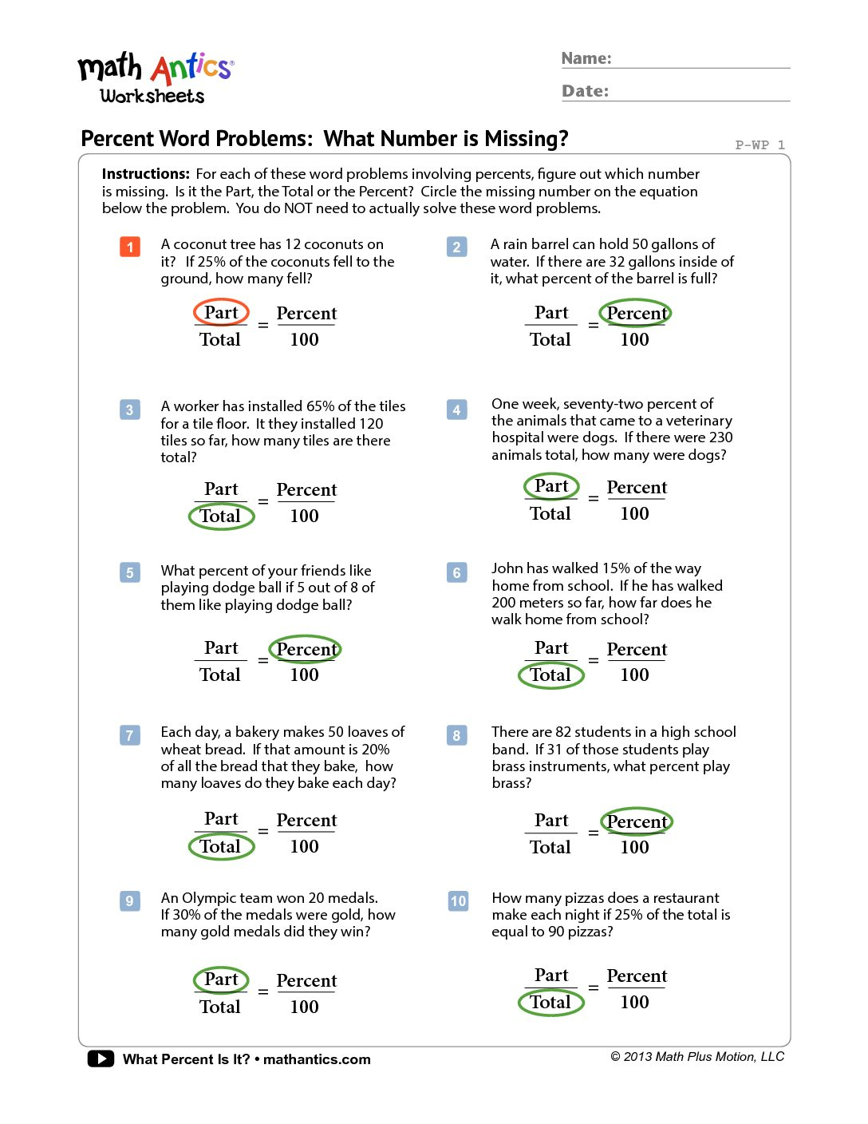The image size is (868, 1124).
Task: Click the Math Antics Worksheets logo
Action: coord(155,78)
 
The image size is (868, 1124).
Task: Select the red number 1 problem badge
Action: coord(130,247)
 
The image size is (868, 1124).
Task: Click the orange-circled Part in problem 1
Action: coord(221,312)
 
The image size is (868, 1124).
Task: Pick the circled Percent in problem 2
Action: coord(635,313)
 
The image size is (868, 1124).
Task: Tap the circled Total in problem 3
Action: coord(221,516)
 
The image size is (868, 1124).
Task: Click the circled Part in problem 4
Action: coord(551,485)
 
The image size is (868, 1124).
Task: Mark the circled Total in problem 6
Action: coord(551,675)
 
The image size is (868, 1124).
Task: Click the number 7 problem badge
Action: coord(130,734)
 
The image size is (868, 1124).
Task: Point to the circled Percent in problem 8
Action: coord(636,821)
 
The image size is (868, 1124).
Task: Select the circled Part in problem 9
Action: coord(221,980)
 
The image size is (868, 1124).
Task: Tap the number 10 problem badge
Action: coord(458,901)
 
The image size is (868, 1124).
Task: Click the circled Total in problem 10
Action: coord(551,1002)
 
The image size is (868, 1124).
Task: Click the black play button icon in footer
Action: coord(101,1059)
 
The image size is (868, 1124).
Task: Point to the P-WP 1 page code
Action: coord(759,144)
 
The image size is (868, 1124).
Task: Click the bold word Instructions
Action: coord(145,174)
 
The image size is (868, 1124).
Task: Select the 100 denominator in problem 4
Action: coord(634,513)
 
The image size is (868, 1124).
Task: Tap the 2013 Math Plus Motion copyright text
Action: coord(697,1057)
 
